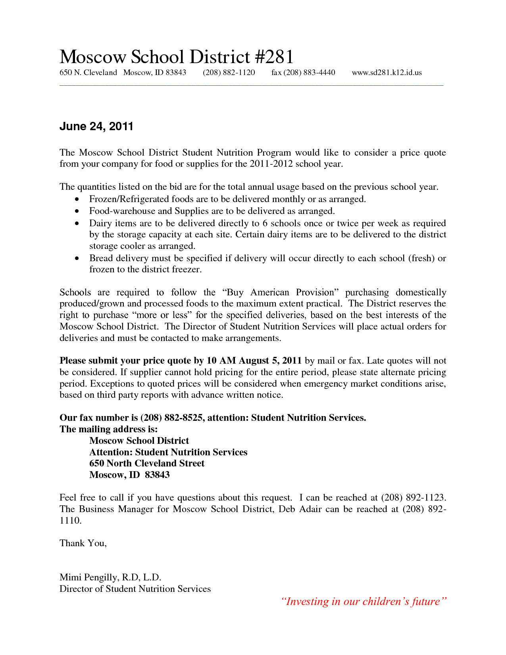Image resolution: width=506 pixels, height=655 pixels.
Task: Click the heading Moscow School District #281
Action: pyautogui.click(x=176, y=57)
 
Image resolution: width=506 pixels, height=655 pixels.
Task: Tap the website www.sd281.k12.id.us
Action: pyautogui.click(x=387, y=73)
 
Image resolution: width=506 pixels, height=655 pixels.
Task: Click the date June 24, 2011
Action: pyautogui.click(x=96, y=127)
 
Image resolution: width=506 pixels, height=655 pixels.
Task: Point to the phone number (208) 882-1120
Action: pyautogui.click(x=229, y=73)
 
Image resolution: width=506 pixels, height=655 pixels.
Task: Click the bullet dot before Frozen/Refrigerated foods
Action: pyautogui.click(x=77, y=199)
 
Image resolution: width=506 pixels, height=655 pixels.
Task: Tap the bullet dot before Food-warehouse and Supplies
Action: pyautogui.click(x=77, y=211)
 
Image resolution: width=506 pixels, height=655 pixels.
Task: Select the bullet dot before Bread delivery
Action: pyautogui.click(x=77, y=258)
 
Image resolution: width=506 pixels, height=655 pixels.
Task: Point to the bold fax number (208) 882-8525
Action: pyautogui.click(x=171, y=418)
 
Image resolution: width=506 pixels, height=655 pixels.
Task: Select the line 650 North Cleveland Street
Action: pyautogui.click(x=147, y=464)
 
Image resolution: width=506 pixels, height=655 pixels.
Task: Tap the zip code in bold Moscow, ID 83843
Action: pyautogui.click(x=157, y=475)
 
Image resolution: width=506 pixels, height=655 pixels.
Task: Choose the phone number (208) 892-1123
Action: pyautogui.click(x=414, y=498)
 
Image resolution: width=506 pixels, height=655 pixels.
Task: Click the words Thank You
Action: pyautogui.click(x=83, y=543)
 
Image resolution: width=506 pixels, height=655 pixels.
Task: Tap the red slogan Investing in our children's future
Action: pyautogui.click(x=364, y=602)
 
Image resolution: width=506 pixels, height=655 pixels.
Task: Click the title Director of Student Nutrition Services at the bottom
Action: pyautogui.click(x=135, y=589)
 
